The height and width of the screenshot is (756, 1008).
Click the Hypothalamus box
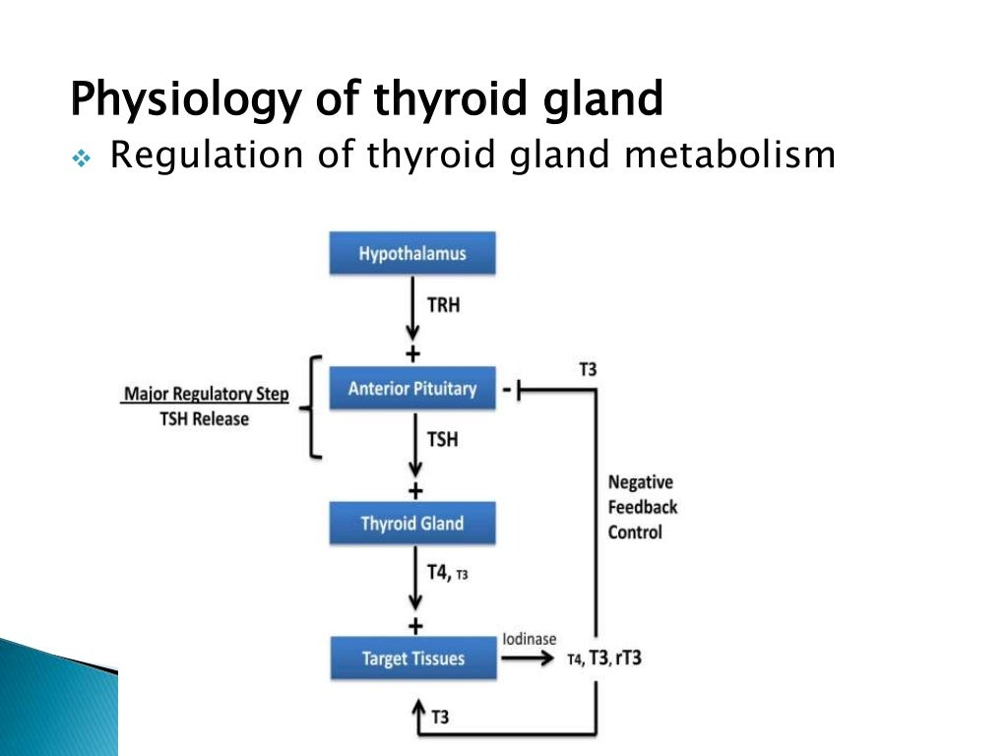411,254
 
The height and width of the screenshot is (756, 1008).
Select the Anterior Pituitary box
411,389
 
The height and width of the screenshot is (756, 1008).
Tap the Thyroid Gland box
411,523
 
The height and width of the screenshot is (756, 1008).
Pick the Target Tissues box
411,658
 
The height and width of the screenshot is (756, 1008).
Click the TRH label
443,305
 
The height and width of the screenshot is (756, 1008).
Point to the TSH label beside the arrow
442,439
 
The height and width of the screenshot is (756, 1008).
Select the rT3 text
626,658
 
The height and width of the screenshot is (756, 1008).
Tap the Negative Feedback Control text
642,507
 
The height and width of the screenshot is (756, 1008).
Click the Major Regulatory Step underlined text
207,395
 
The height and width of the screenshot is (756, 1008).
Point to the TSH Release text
207,419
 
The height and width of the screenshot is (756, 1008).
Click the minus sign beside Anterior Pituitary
506,391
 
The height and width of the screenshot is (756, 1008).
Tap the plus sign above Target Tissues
414,626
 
